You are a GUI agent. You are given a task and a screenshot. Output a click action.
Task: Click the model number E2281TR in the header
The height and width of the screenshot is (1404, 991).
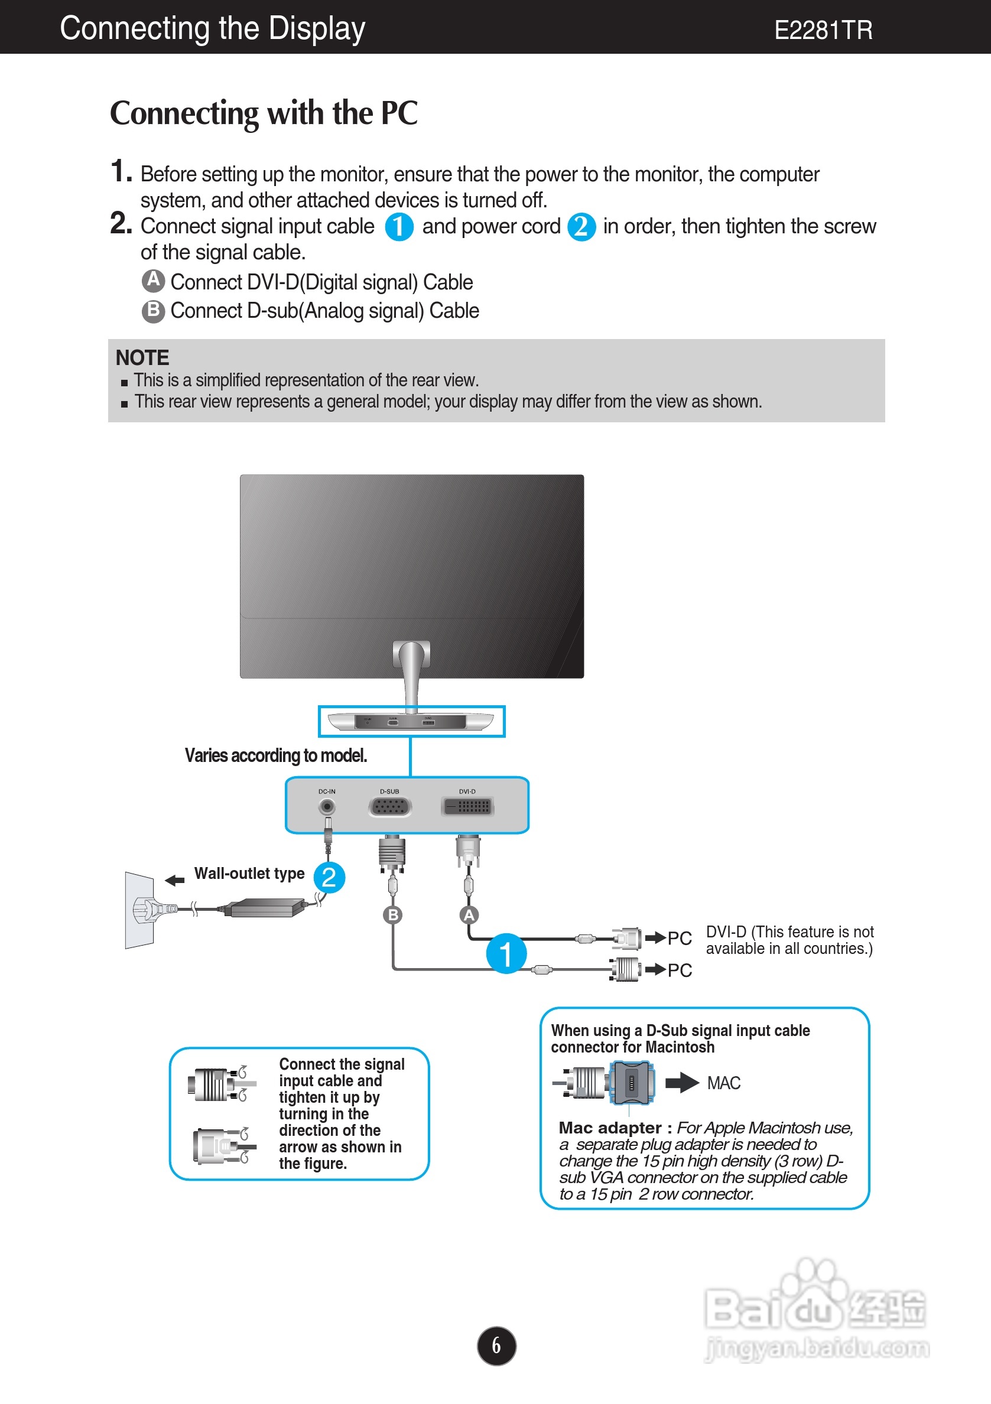coord(823,30)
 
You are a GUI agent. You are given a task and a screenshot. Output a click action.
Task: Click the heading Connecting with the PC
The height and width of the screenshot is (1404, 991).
coord(264,113)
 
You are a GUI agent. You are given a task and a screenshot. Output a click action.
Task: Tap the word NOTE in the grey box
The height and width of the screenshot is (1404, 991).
coord(142,358)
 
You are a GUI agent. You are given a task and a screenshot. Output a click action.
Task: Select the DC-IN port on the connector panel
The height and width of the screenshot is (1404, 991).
coord(327,807)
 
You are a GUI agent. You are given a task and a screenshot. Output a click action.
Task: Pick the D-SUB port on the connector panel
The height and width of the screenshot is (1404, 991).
coord(390,807)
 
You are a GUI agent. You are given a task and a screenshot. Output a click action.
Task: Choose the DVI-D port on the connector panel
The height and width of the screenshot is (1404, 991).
coord(467,807)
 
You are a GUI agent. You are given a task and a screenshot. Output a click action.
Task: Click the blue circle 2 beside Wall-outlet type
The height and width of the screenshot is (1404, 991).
coord(329,878)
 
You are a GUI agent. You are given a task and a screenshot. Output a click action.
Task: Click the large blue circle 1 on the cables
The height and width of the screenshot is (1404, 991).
coord(506,953)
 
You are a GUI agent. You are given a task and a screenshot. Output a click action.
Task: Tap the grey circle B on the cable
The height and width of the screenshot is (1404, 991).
coord(393,915)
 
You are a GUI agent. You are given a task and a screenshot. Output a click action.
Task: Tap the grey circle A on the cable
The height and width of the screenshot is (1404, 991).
coord(469,915)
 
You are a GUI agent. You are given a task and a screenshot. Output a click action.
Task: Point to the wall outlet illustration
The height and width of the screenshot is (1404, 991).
coord(140,910)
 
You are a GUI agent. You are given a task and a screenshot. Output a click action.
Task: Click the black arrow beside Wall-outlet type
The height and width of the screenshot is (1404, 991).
coord(175,880)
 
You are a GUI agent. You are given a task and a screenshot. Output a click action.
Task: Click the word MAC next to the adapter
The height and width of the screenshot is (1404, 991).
coord(724,1083)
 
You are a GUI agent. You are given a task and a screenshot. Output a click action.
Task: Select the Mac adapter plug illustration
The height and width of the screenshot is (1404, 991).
coord(632,1082)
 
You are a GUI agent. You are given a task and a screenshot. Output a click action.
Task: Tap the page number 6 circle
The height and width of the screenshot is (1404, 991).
coord(496,1346)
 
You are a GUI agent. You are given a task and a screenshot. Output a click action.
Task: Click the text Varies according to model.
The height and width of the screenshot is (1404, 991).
coord(276,756)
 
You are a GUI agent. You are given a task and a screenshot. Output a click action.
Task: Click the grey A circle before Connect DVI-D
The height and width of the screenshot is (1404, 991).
coord(154,281)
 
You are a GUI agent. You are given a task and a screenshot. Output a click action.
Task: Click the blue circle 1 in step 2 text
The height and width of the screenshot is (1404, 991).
coord(399,227)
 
